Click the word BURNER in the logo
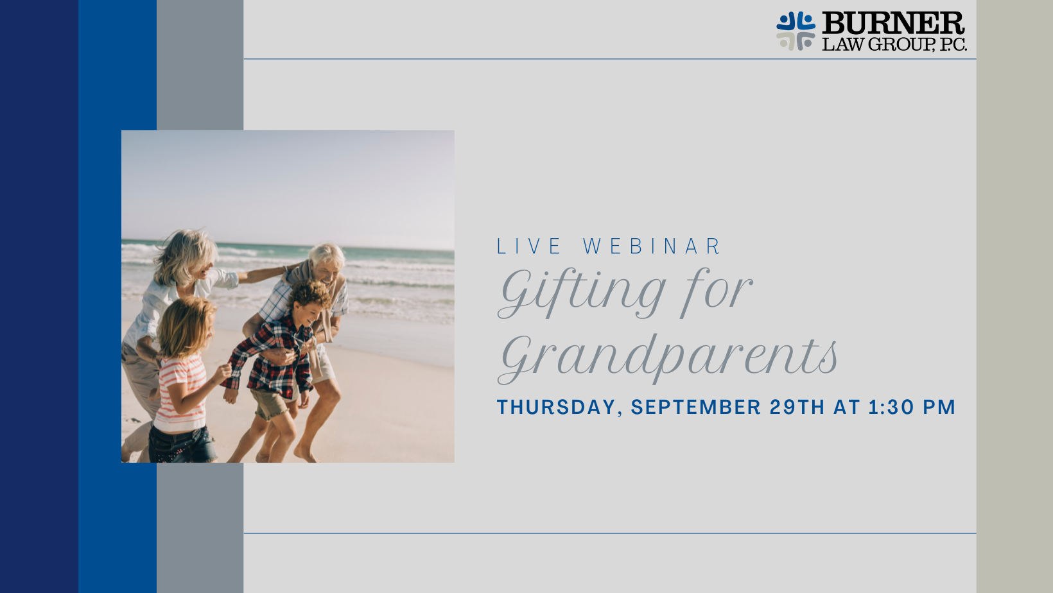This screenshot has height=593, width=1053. click(893, 23)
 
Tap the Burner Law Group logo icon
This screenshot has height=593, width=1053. click(796, 31)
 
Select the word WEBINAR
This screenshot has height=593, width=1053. click(652, 246)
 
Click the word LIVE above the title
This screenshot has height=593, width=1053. click(529, 246)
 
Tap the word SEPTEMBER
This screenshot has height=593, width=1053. click(696, 407)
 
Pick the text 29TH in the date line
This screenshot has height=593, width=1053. click(797, 407)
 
